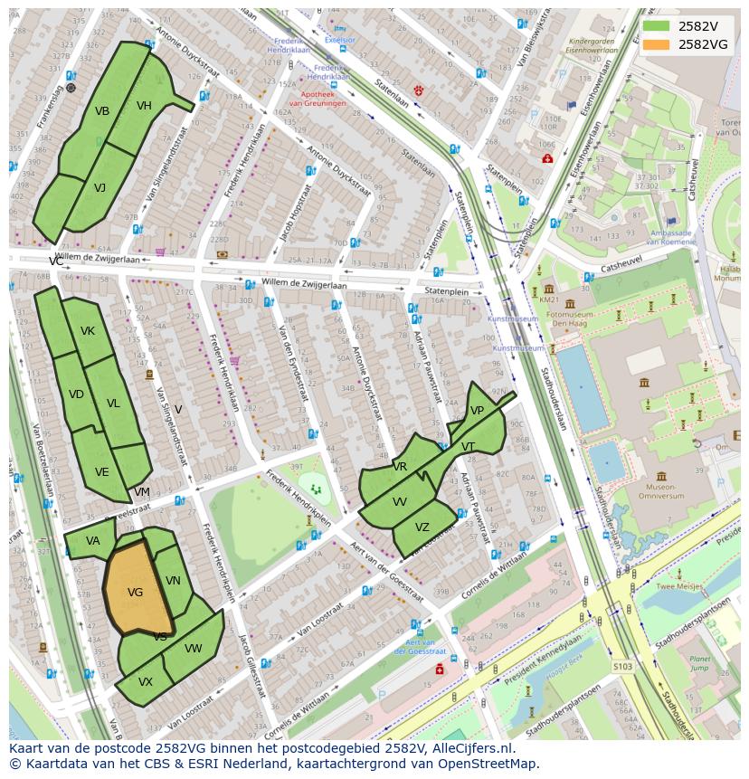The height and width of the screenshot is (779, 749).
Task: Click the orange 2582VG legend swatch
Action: pyautogui.click(x=656, y=44)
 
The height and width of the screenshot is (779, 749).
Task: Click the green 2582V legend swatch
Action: pyautogui.click(x=656, y=26)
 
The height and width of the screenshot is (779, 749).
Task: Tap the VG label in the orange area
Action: pyautogui.click(x=136, y=593)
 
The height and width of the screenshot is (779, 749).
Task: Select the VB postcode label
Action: pyautogui.click(x=102, y=111)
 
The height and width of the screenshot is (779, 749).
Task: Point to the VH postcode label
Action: pyautogui.click(x=144, y=106)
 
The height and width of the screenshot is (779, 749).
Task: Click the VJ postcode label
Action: pyautogui.click(x=100, y=188)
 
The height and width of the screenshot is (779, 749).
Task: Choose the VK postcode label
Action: pyautogui.click(x=87, y=331)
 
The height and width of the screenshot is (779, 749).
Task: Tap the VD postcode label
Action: pyautogui.click(x=76, y=394)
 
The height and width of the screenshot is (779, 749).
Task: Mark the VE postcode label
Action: pyautogui.click(x=101, y=472)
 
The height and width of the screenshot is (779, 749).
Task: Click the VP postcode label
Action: pyautogui.click(x=477, y=411)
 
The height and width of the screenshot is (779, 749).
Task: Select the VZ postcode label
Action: pyautogui.click(x=422, y=527)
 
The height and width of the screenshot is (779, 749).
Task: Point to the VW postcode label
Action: pyautogui.click(x=194, y=649)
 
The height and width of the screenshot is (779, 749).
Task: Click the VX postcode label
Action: pyautogui.click(x=145, y=682)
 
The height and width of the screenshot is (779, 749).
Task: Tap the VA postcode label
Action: pyautogui.click(x=93, y=541)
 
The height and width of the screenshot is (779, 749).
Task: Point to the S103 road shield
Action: pyautogui.click(x=621, y=667)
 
